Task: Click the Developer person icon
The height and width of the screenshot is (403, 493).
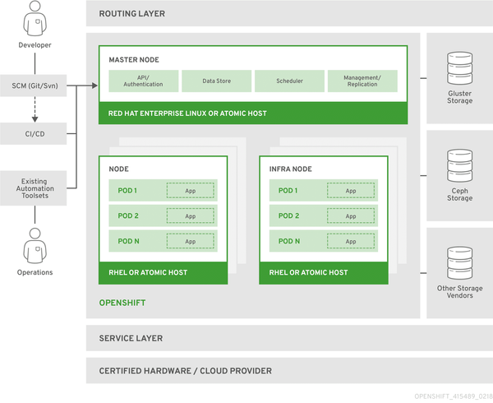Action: [x=35, y=19]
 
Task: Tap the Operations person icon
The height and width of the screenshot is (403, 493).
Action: [x=35, y=245]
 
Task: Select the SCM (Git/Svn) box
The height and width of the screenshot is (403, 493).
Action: [x=35, y=86]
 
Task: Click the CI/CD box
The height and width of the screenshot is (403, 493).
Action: [x=35, y=132]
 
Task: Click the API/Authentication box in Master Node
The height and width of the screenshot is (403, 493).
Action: [x=144, y=81]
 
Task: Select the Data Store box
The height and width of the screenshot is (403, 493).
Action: [x=215, y=81]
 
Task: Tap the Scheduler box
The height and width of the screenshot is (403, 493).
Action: [x=289, y=81]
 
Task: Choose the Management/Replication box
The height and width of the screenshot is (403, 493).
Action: [x=362, y=81]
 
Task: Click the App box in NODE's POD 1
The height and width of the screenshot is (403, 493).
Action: [x=191, y=191]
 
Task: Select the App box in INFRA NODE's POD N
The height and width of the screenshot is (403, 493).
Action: [x=351, y=242]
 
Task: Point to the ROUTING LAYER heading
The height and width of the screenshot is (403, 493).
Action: [x=131, y=14]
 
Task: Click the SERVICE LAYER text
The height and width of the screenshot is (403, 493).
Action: [x=131, y=338]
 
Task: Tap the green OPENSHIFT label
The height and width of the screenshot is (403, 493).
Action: [x=122, y=303]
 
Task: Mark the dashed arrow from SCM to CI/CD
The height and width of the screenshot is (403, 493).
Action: [x=35, y=109]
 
